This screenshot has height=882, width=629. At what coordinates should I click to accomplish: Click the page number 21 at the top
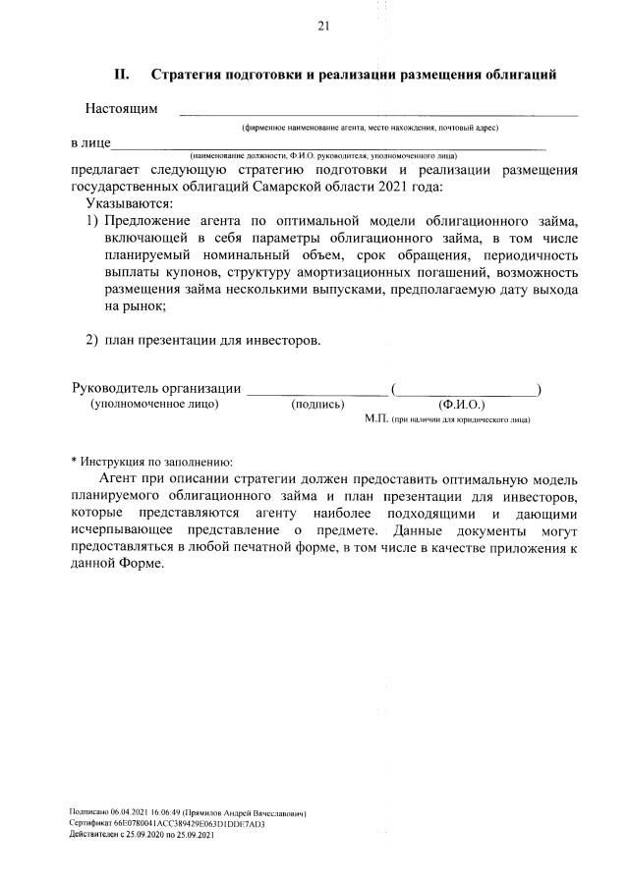click(x=321, y=26)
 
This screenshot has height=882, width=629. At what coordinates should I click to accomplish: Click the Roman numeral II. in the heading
click(x=123, y=74)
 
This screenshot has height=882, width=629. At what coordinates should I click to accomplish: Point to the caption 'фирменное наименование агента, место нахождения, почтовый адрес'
click(x=371, y=128)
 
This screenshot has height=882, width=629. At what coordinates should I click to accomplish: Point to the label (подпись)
click(x=317, y=404)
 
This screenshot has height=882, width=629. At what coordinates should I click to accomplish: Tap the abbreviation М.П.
click(x=376, y=418)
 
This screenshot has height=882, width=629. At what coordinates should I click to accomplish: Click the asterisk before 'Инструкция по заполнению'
click(x=73, y=461)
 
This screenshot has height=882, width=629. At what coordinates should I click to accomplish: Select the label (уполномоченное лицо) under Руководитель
click(x=154, y=404)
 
